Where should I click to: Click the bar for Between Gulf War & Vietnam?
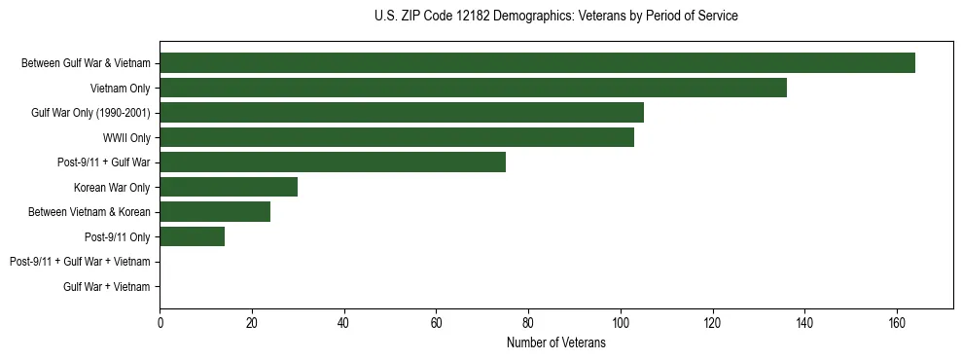537,63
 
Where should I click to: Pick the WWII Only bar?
397,137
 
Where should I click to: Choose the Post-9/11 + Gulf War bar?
333,162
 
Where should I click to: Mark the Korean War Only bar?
229,187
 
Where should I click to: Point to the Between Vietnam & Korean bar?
215,212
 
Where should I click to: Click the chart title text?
555,17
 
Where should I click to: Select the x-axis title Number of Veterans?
555,343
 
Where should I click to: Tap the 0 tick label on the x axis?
160,324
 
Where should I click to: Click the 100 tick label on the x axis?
621,324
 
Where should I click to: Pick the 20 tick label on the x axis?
252,324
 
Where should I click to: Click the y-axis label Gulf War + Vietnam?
107,287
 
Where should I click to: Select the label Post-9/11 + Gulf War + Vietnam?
80,262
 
